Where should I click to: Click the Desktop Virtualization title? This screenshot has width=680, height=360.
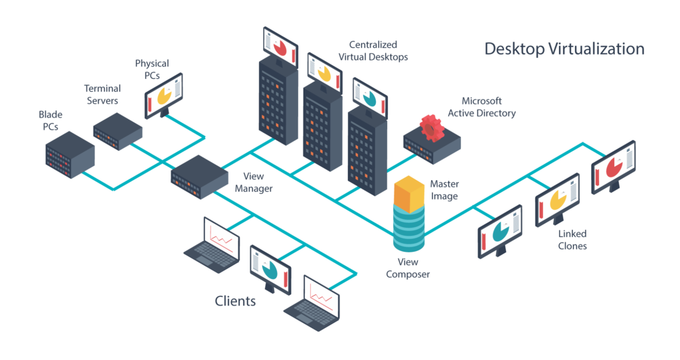(564, 48)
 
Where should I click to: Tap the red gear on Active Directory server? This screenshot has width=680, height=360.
(432, 128)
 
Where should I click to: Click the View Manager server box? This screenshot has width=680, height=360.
(199, 177)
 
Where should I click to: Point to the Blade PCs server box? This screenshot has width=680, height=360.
(70, 155)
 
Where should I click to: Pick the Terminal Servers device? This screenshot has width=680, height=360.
(118, 132)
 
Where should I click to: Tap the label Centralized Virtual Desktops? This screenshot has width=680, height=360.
(373, 50)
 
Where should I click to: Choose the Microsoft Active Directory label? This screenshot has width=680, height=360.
(481, 107)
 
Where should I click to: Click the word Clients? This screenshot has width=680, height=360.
(235, 301)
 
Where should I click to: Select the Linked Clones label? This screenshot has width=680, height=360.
(572, 240)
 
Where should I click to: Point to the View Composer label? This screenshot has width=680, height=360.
(408, 268)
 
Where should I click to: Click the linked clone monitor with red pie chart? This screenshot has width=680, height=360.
(613, 167)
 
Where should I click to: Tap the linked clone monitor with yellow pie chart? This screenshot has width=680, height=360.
(557, 199)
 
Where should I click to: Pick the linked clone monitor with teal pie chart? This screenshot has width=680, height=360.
(500, 232)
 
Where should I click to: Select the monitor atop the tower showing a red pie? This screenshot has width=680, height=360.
(280, 47)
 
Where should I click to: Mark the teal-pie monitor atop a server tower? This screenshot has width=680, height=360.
(370, 98)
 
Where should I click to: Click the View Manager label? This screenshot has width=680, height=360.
(253, 183)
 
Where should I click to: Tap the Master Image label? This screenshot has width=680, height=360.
(444, 190)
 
